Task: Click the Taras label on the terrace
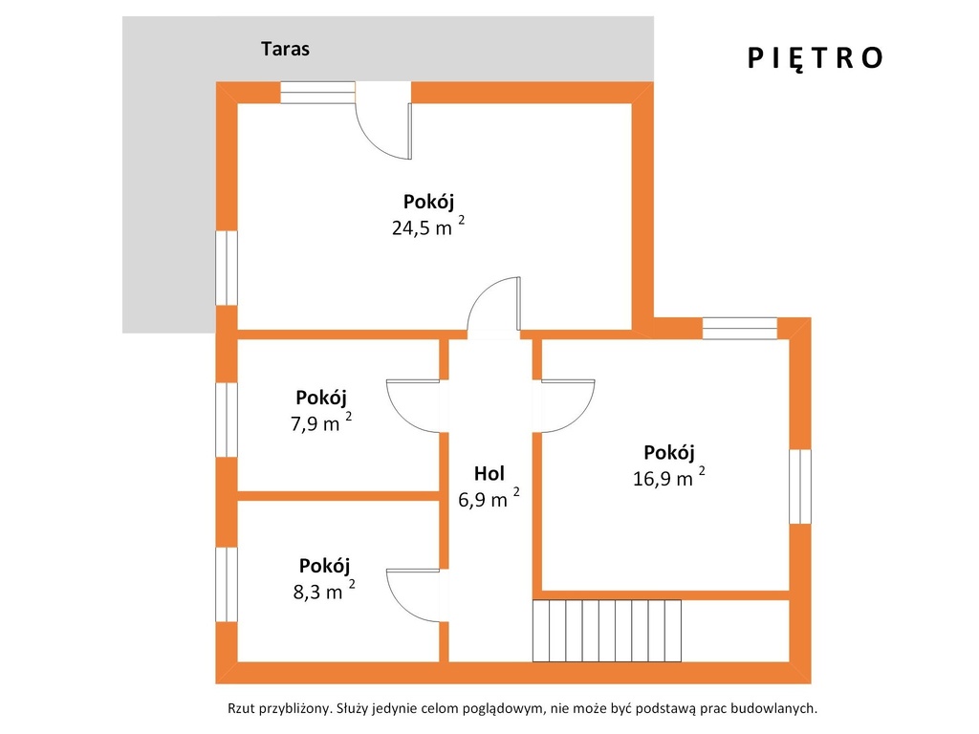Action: click(x=285, y=49)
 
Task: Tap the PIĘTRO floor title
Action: click(x=815, y=57)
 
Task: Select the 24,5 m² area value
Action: click(x=428, y=227)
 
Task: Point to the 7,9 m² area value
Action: click(x=321, y=422)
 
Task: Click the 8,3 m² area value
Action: click(x=324, y=591)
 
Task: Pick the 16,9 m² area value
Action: click(x=668, y=478)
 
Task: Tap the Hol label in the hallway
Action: click(x=489, y=474)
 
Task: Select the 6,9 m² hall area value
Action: click(x=489, y=499)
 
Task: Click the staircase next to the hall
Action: click(x=607, y=631)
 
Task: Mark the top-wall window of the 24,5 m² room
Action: click(x=317, y=93)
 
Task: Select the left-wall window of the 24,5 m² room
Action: click(x=227, y=268)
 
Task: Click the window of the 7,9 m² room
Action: click(x=227, y=421)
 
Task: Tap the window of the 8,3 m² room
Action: click(x=227, y=584)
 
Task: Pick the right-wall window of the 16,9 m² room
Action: click(x=800, y=486)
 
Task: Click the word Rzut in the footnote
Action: click(x=241, y=708)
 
